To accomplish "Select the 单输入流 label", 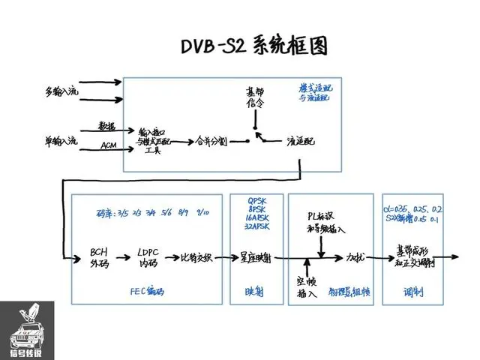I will click(x=60, y=140).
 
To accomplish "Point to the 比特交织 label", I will click(x=197, y=258).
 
